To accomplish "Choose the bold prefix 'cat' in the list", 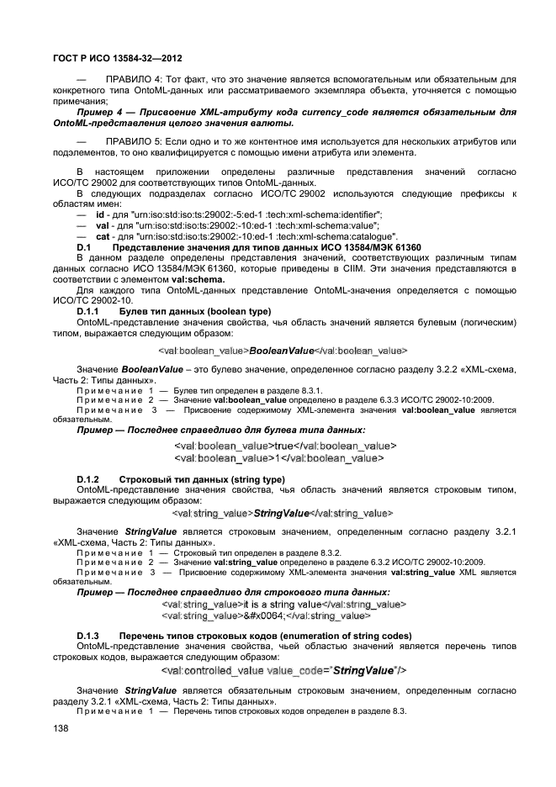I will (x=103, y=236).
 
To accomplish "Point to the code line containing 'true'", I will (x=284, y=446).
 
